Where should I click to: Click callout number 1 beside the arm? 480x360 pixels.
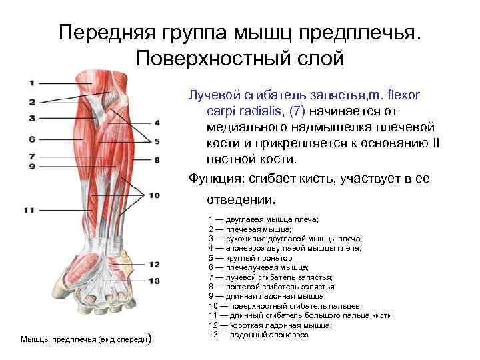coord(31,83)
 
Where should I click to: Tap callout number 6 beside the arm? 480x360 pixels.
coord(31,139)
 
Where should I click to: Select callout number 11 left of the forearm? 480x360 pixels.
coord(29,210)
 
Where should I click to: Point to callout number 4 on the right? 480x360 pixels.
coord(157,123)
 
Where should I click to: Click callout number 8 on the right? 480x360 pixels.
coord(157,160)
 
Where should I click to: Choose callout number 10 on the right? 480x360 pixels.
coord(155,195)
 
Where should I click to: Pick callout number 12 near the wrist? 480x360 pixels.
coord(155,264)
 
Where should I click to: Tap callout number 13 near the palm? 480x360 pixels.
coord(155,281)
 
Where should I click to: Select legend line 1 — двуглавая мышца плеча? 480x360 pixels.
coord(263,219)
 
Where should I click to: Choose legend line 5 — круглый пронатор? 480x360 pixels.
coord(251,257)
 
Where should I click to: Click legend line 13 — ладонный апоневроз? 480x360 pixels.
coord(258,334)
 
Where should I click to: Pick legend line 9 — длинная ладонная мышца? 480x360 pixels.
coord(267,295)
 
